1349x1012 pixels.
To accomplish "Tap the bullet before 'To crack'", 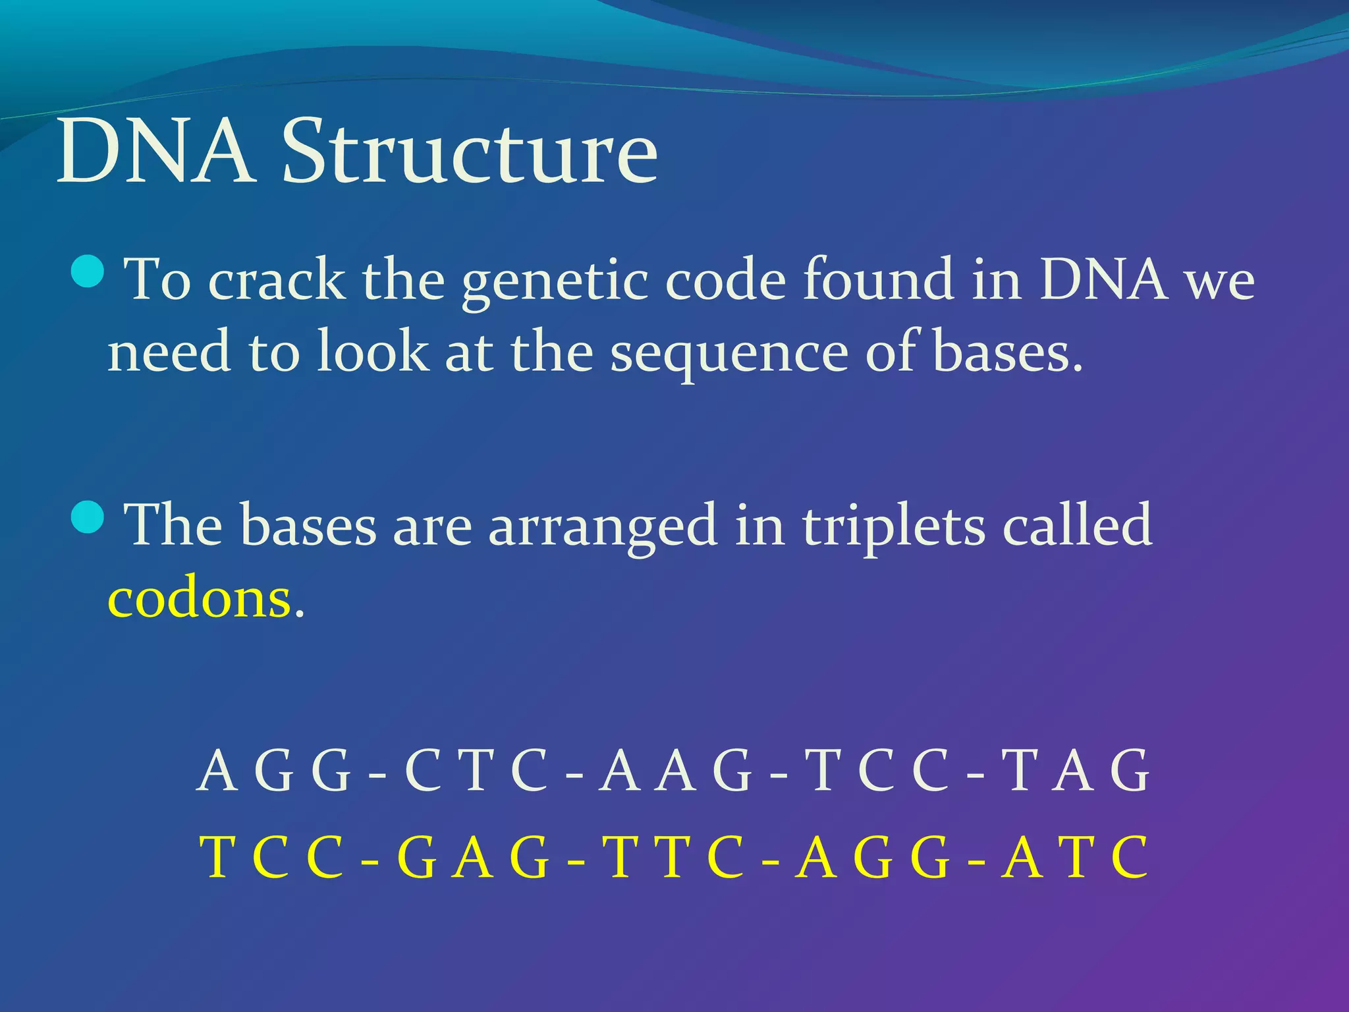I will click(87, 272).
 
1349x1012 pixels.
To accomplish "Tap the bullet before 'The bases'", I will click(87, 517).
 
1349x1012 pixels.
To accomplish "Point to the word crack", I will click(276, 280).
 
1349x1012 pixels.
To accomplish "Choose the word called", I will click(1077, 524).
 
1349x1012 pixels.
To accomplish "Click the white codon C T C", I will click(476, 770).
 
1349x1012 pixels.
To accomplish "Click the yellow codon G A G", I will click(473, 857).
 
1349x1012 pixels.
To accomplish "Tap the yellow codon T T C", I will click(674, 857).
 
